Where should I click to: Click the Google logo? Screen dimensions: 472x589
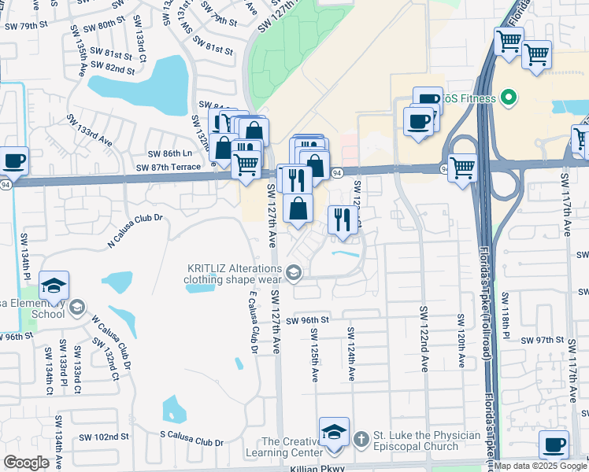tap(26, 463)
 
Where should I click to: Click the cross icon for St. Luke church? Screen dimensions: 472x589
tap(361, 437)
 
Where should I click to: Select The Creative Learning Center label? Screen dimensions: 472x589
tap(291, 447)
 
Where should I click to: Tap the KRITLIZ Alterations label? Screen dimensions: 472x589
tap(233, 273)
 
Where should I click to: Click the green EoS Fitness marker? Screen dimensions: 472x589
tap(509, 98)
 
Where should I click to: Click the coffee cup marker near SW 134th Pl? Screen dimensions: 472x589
tap(15, 161)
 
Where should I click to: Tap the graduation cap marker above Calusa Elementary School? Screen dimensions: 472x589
tap(54, 285)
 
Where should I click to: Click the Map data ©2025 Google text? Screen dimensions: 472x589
tap(539, 466)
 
